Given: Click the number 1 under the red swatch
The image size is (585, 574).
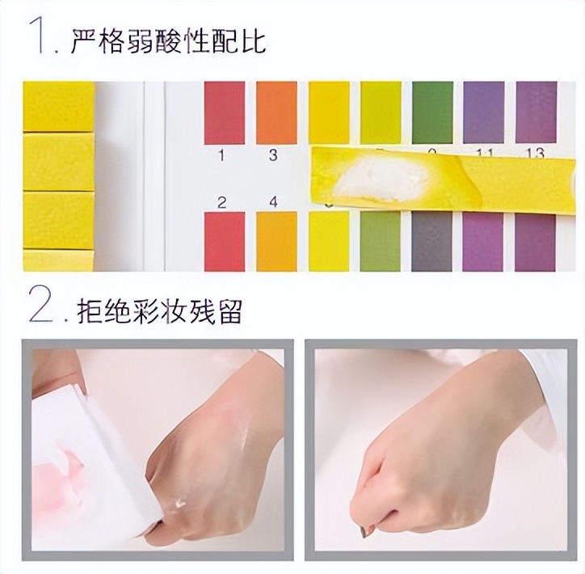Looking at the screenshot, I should [221, 154].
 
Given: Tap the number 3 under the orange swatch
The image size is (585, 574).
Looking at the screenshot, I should [272, 154].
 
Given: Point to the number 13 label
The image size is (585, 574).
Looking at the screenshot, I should [535, 152].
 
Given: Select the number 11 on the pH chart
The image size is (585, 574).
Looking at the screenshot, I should [483, 152].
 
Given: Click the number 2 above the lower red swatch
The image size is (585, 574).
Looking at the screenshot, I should [221, 202].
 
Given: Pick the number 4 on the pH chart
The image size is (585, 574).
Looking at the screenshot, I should [272, 202].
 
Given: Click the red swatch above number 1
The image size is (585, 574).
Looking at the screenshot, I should [224, 112].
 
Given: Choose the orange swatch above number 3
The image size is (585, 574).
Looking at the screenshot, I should [276, 112].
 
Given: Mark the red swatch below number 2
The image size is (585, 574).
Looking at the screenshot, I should [224, 241].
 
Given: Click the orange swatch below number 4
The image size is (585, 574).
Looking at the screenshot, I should [276, 241].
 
